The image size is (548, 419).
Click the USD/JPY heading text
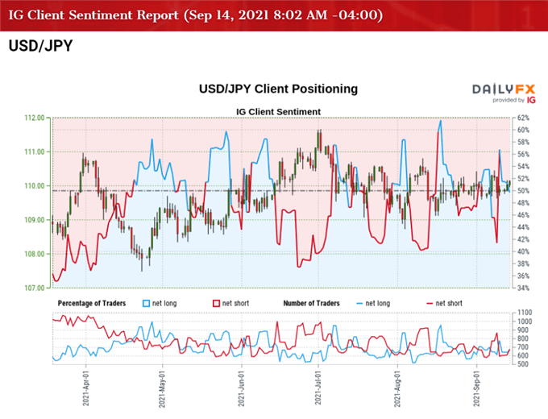39,46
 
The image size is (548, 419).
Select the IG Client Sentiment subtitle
278,111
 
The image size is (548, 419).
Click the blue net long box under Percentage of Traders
147,303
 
